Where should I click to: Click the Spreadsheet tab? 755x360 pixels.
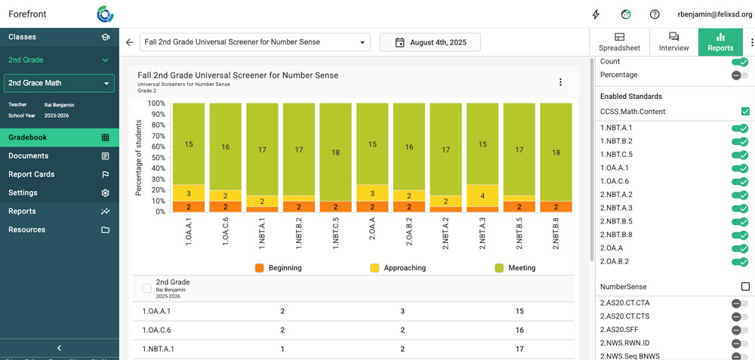pyautogui.click(x=619, y=42)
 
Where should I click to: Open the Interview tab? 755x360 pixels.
pyautogui.click(x=673, y=42)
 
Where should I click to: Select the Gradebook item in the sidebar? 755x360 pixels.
pyautogui.click(x=59, y=137)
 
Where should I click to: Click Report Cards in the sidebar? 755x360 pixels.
pyautogui.click(x=59, y=174)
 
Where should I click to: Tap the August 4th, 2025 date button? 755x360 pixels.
pyautogui.click(x=430, y=42)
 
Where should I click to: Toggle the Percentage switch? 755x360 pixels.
pyautogui.click(x=740, y=75)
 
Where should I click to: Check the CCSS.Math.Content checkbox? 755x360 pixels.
pyautogui.click(x=745, y=112)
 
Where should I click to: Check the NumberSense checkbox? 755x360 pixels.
pyautogui.click(x=745, y=287)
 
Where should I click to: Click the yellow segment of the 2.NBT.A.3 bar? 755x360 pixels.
pyautogui.click(x=482, y=196)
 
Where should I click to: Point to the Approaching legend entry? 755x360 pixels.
pyautogui.click(x=398, y=268)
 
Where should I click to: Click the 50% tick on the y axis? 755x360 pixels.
pyautogui.click(x=159, y=158)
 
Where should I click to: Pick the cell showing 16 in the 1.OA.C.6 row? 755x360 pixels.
pyautogui.click(x=519, y=330)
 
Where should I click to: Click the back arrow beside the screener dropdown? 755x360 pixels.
pyautogui.click(x=129, y=42)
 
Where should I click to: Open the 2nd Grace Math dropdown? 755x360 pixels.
pyautogui.click(x=59, y=83)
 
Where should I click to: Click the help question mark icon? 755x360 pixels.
pyautogui.click(x=655, y=14)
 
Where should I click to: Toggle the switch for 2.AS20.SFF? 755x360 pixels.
pyautogui.click(x=740, y=330)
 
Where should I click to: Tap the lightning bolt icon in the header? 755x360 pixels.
pyautogui.click(x=596, y=14)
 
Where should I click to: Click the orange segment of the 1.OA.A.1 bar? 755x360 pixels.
pyautogui.click(x=189, y=207)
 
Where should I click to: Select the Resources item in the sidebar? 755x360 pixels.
pyautogui.click(x=59, y=229)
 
